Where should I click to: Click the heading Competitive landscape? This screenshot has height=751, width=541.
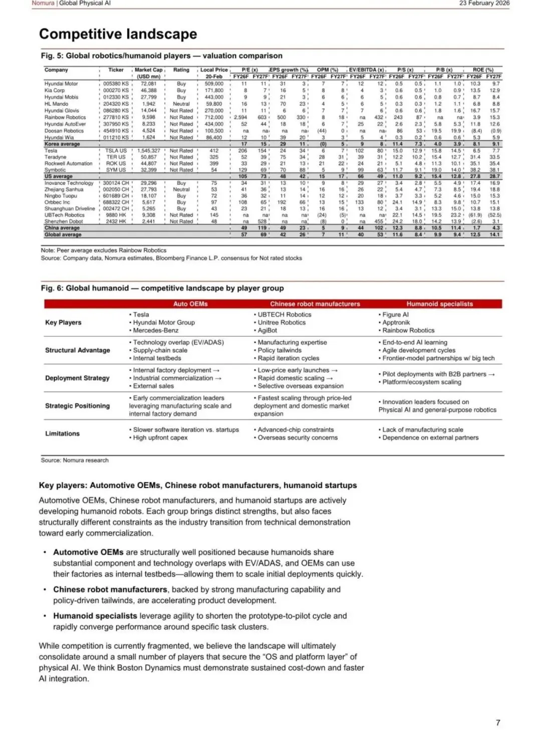click(118, 34)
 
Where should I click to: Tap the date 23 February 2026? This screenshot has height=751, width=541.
click(484, 3)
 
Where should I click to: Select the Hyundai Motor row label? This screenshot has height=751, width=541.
click(61, 84)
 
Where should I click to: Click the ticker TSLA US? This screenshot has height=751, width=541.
click(116, 150)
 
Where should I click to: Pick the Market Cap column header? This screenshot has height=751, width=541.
click(148, 70)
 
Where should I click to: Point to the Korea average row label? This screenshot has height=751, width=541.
click(62, 144)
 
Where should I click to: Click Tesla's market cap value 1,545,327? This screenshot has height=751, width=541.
click(149, 150)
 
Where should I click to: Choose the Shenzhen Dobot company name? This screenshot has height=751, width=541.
click(63, 221)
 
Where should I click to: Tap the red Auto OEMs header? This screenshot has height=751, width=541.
click(190, 304)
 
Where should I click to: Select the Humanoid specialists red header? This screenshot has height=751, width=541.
click(439, 304)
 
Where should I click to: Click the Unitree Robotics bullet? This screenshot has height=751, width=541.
click(282, 323)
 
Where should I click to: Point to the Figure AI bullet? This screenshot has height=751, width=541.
click(395, 315)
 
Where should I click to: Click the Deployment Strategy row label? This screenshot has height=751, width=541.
click(77, 378)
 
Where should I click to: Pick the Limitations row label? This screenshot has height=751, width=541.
click(62, 433)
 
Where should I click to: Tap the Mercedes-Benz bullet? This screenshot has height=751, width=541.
click(155, 331)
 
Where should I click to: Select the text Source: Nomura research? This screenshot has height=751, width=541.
click(75, 460)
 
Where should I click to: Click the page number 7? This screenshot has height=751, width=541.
click(498, 722)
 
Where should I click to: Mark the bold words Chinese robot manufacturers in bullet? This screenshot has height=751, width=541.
click(110, 590)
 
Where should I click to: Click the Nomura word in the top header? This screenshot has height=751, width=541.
click(43, 3)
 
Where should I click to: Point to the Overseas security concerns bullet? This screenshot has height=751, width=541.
click(298, 437)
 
